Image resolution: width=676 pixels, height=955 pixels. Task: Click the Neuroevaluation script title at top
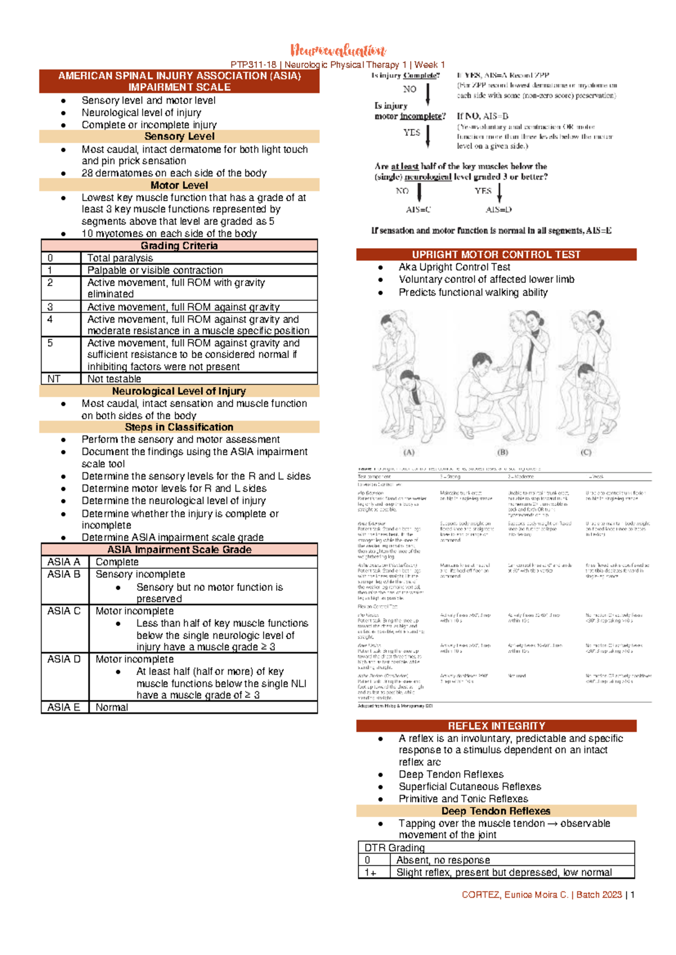(x=338, y=51)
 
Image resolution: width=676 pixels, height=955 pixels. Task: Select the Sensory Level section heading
(x=179, y=137)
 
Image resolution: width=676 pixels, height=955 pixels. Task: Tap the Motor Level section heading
(x=179, y=185)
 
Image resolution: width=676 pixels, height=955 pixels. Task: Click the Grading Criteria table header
(x=179, y=246)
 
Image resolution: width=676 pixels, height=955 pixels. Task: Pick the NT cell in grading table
(x=54, y=379)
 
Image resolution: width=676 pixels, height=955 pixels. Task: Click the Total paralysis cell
(x=120, y=258)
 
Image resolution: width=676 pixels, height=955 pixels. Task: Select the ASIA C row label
(x=64, y=611)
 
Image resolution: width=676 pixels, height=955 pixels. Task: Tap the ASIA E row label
(x=64, y=707)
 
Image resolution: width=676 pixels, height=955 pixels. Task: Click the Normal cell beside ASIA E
(x=112, y=707)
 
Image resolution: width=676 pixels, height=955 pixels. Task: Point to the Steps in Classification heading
(x=179, y=427)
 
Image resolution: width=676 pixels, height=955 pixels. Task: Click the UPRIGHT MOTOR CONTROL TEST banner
(x=496, y=255)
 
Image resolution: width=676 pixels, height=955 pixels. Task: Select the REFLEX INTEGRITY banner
(x=496, y=726)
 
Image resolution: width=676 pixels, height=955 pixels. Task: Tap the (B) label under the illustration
(x=502, y=452)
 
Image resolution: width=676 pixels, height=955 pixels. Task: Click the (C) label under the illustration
(x=586, y=452)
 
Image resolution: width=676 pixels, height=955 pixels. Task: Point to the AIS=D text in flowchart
(x=499, y=210)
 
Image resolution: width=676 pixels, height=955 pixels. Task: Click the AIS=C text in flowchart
(x=418, y=210)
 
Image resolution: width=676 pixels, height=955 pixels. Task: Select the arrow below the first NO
(x=428, y=94)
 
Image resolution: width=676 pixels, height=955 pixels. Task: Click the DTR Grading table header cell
(x=394, y=847)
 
